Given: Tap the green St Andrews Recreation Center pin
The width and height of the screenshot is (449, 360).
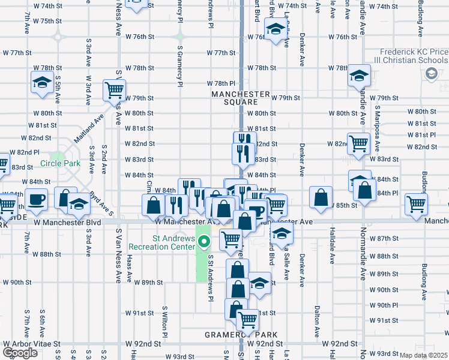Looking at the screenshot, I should (x=205, y=242).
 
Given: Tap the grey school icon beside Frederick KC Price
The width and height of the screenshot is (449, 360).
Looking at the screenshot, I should (x=430, y=73).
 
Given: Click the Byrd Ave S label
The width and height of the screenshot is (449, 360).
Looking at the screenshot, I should (x=103, y=203).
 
